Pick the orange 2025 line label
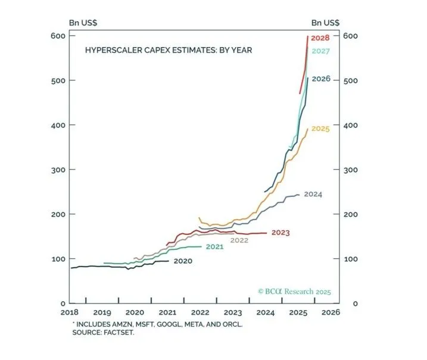click(320, 129)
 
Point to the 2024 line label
click(313, 194)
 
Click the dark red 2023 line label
click(280, 233)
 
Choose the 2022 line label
click(239, 240)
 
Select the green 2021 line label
click(214, 246)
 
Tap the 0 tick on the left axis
click(61, 303)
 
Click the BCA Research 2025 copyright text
click(294, 292)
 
